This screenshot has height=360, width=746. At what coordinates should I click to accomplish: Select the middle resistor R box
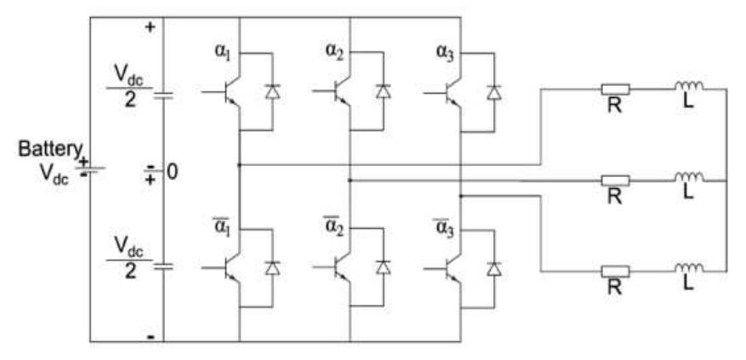(615, 180)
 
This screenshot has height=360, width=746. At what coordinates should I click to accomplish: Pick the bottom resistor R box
(615, 271)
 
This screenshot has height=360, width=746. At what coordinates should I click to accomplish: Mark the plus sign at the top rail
(151, 26)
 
